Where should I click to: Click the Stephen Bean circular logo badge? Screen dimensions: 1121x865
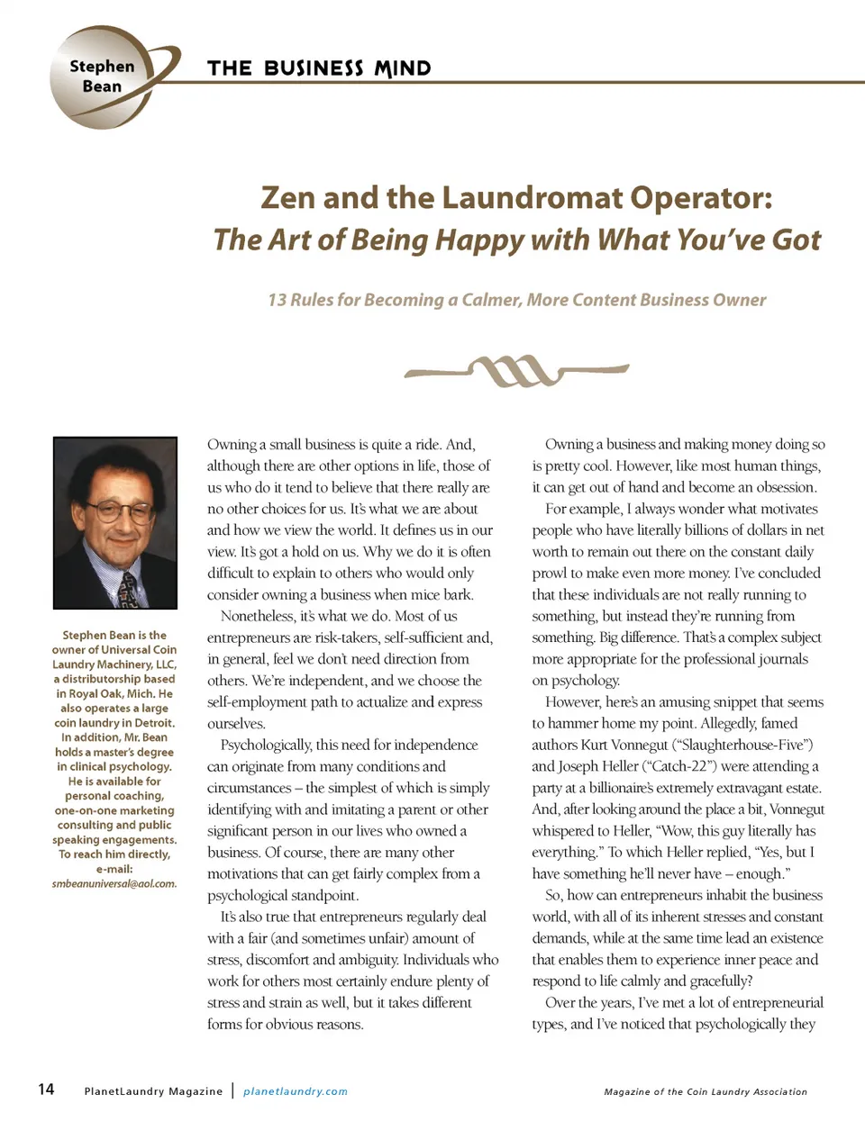[x=102, y=77]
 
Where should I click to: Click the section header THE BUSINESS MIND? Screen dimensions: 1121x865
[x=319, y=68]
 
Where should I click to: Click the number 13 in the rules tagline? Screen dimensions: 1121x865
[x=277, y=300]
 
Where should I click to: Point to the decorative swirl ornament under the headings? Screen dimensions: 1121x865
[x=516, y=369]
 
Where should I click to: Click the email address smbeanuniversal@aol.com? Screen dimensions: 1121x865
[x=114, y=883]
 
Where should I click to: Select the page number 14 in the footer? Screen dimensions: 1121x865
[x=46, y=1089]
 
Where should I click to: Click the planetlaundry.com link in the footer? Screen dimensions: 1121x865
[x=296, y=1091]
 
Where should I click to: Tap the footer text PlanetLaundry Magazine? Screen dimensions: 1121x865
[x=153, y=1091]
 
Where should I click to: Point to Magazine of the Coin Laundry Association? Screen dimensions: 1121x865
[x=706, y=1091]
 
